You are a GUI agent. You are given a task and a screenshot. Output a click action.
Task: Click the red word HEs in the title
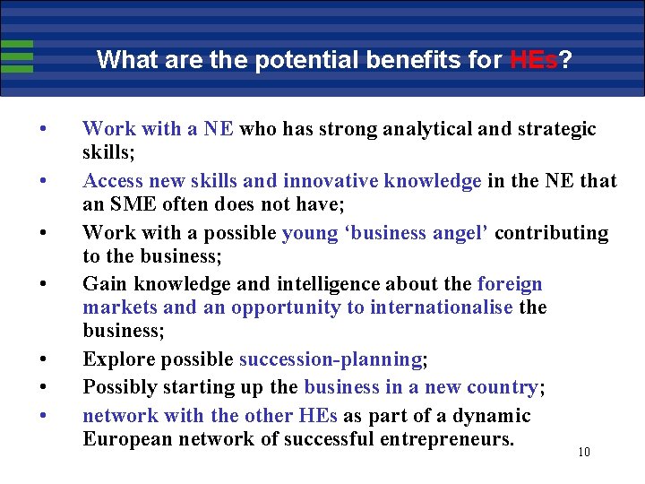click(x=534, y=60)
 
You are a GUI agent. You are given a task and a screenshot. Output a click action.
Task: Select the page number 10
click(x=584, y=452)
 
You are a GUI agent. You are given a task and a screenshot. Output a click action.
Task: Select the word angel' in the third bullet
click(x=460, y=233)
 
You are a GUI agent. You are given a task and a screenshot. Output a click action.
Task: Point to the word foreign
click(x=510, y=285)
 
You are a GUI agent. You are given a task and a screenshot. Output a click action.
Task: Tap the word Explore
click(x=117, y=360)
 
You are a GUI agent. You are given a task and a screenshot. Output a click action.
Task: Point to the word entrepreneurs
click(x=434, y=439)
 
